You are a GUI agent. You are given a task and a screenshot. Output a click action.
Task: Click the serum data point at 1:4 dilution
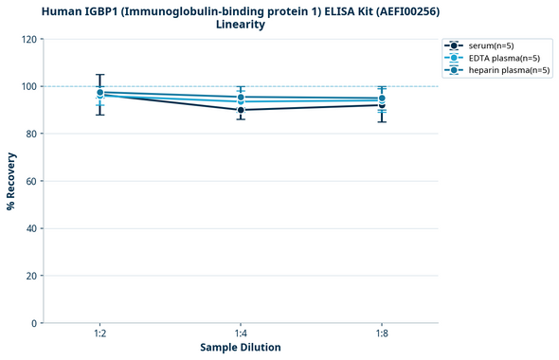[x=241, y=110]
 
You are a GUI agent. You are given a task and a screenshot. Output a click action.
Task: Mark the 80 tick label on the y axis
[x=30, y=135]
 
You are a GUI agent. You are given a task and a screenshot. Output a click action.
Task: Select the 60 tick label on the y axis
[x=30, y=182]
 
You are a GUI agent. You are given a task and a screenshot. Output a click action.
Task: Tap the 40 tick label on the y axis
[x=30, y=229]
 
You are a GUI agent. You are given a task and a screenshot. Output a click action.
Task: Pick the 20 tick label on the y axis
[x=30, y=277]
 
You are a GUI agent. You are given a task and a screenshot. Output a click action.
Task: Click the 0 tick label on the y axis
[x=33, y=324]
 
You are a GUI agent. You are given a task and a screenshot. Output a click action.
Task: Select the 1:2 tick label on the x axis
[x=99, y=333]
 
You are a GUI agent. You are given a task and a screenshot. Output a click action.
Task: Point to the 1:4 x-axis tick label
[x=241, y=333]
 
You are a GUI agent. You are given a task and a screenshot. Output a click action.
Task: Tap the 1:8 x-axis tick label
[x=381, y=333]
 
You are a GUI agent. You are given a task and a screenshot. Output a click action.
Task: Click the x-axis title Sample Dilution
[x=241, y=348]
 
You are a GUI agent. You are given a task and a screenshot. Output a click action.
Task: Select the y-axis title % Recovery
[x=11, y=182]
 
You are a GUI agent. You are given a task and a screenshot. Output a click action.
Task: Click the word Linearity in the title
[x=241, y=25]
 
